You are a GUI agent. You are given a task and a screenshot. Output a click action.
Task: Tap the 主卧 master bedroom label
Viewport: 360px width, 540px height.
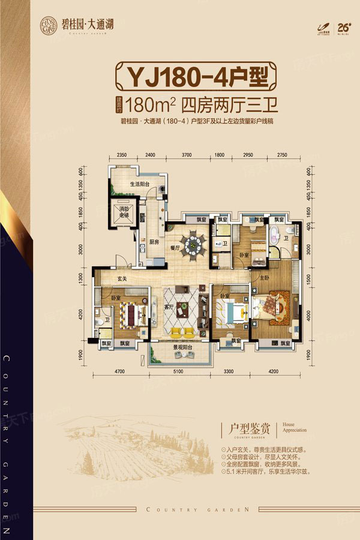pyautogui.click(x=265, y=278)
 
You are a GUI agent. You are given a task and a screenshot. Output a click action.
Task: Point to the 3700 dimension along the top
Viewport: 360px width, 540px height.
pyautogui.click(x=187, y=155)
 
